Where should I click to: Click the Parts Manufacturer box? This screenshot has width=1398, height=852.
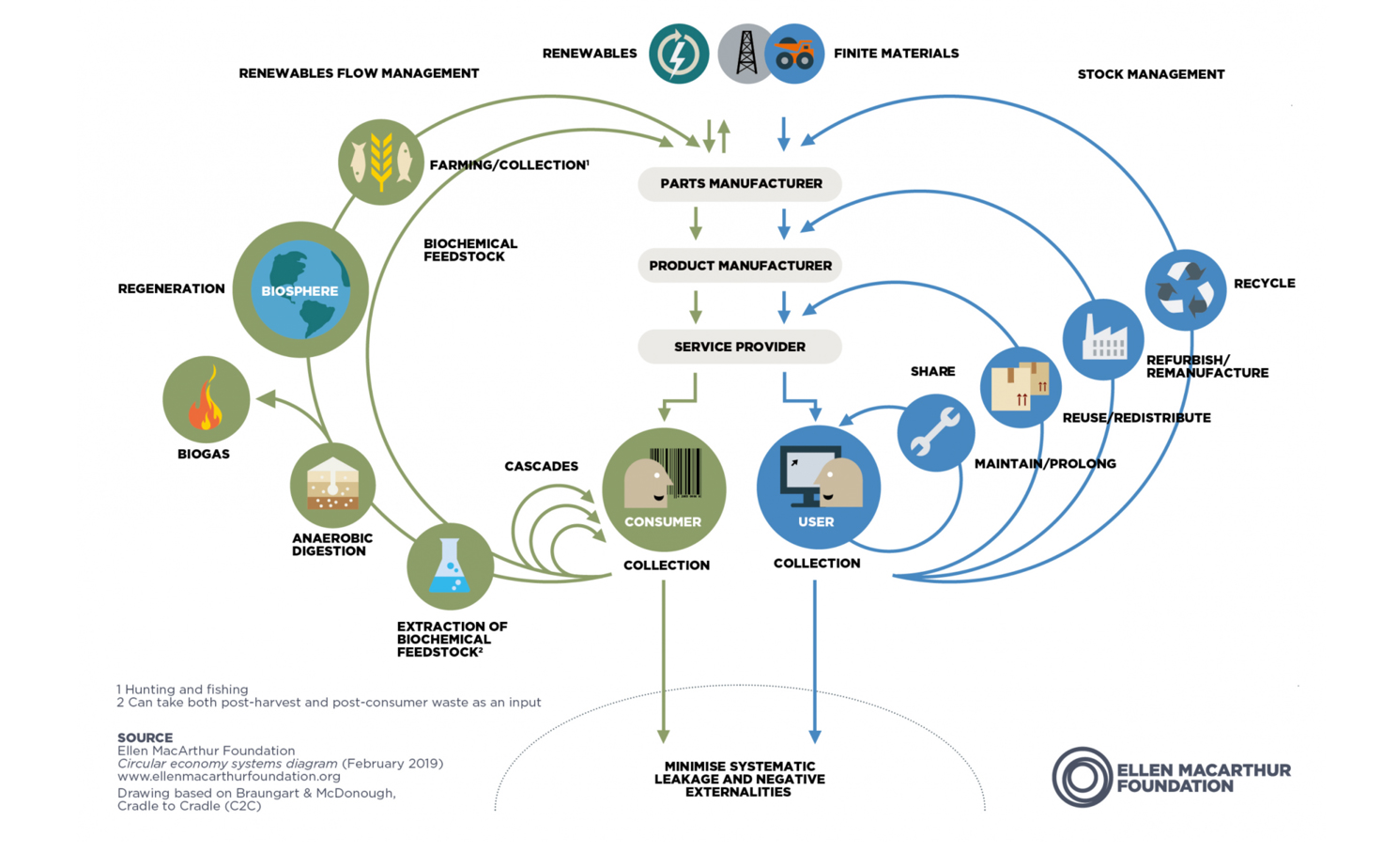(740, 183)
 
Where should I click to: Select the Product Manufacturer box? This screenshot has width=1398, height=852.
(740, 266)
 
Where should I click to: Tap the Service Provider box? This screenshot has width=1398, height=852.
(740, 347)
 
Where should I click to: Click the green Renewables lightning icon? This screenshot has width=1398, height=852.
(679, 54)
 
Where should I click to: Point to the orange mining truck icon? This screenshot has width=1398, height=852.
(794, 54)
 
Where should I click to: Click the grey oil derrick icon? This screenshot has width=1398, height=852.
(745, 54)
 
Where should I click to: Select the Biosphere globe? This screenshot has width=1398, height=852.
(300, 289)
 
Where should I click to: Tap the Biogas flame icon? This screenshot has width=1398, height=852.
(206, 399)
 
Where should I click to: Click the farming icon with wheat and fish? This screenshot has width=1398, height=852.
(380, 162)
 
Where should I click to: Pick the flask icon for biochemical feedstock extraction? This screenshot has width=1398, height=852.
(450, 565)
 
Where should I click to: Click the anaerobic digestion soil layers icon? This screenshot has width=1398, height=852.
(332, 486)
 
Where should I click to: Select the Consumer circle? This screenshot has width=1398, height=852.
(664, 489)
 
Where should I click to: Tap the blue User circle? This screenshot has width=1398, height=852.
(818, 488)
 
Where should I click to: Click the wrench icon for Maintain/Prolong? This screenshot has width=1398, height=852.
(935, 432)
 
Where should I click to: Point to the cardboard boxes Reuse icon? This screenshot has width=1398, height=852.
(1021, 387)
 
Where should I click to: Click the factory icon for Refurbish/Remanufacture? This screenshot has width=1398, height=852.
(1103, 339)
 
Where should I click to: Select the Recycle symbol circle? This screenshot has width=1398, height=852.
(1185, 290)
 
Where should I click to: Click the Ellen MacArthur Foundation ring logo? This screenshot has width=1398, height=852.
(1083, 777)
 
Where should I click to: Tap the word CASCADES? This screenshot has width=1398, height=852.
(541, 466)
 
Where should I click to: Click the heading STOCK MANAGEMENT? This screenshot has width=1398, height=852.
(1151, 74)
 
